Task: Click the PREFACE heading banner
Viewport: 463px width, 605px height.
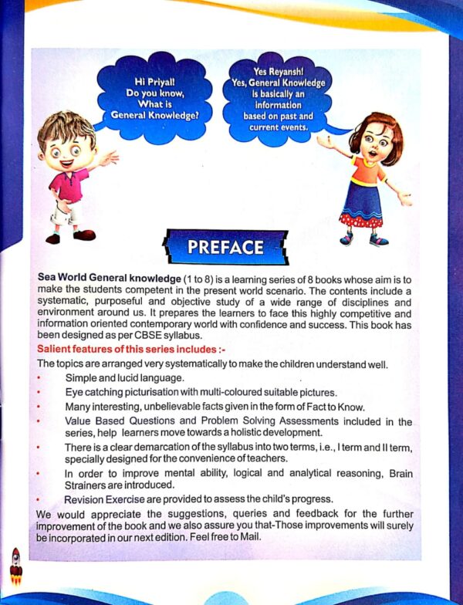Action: tap(225, 247)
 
